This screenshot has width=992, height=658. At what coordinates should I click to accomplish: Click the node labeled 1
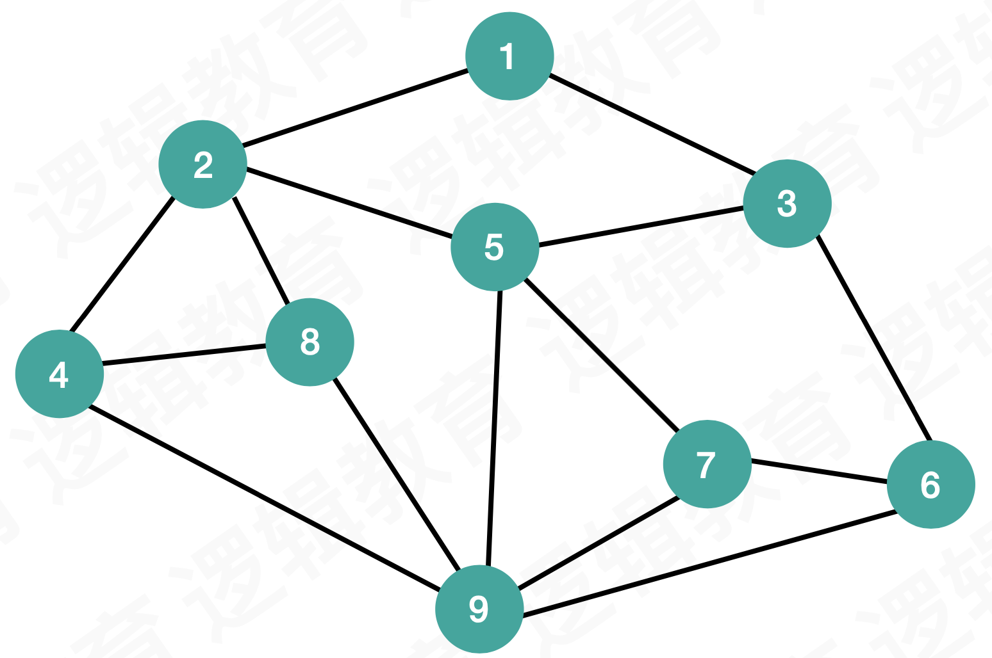coord(509,56)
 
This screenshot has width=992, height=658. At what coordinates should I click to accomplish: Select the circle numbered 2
coord(203,164)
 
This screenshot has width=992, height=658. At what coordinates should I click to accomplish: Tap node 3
coord(788,204)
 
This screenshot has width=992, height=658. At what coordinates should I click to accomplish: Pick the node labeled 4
coord(60,374)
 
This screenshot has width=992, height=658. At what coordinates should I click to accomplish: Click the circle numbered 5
coord(495,246)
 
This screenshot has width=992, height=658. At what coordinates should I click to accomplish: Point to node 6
coord(931,485)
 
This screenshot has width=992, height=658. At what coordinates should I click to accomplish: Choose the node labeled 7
coord(707,464)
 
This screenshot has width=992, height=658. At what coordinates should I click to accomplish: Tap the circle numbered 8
coord(310,342)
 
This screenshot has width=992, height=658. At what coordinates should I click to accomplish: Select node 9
coord(479,609)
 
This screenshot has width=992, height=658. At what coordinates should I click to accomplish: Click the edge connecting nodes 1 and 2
coord(356,108)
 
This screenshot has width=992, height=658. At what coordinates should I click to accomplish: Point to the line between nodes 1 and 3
coord(650,124)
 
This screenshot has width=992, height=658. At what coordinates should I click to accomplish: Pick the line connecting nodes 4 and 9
coord(264,497)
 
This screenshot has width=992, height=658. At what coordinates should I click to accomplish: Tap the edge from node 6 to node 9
coord(708,564)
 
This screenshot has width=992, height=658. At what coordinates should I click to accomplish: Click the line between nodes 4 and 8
coord(185,355)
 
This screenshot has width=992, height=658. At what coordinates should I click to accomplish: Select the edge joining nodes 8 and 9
coord(397,474)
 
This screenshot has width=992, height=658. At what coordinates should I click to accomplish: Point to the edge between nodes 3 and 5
coord(641,226)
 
